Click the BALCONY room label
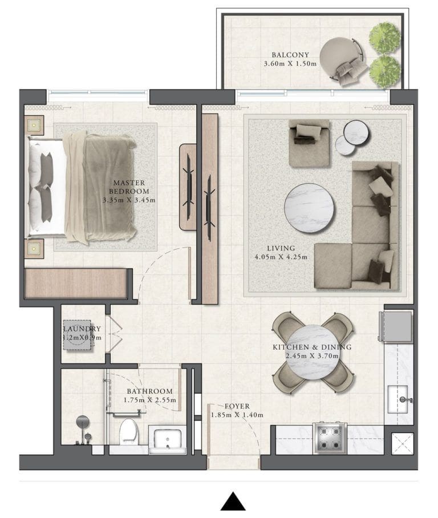290,55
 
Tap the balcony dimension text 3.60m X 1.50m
290,64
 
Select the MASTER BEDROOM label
129,187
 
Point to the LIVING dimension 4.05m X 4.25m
281,257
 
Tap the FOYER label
237,406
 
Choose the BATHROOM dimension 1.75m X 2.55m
149,400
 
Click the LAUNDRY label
82,329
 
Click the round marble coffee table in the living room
309,207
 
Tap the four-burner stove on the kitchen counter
330,438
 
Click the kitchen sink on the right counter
399,399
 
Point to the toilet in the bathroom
129,432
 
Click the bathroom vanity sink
165,440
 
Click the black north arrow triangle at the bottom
233,501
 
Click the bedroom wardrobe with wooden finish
75,284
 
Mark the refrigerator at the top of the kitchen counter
397,326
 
